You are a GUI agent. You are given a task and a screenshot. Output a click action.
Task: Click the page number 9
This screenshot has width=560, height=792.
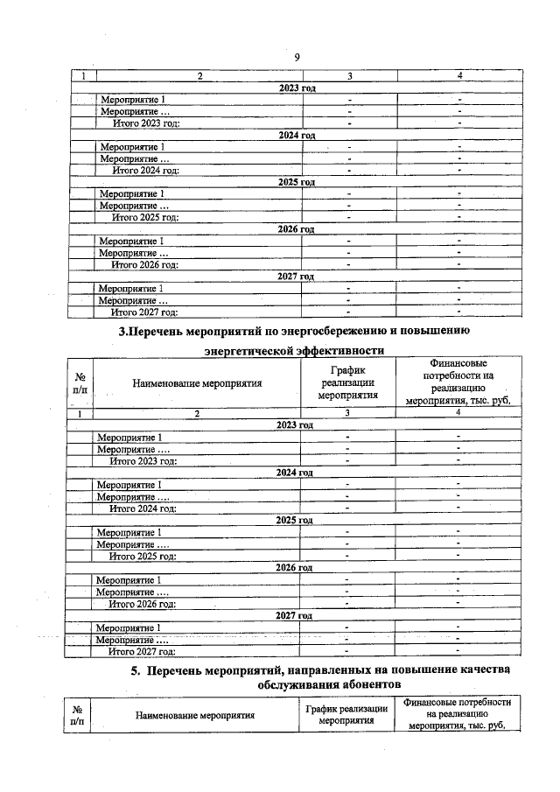click(x=297, y=57)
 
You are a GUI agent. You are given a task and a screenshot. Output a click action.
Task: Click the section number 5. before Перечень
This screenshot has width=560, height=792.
click(x=136, y=669)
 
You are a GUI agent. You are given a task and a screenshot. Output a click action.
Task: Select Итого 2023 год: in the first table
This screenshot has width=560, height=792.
click(x=145, y=123)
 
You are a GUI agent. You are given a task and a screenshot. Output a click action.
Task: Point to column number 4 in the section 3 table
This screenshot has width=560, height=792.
click(x=458, y=412)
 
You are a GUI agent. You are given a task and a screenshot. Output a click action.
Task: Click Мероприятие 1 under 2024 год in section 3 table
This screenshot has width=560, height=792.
click(x=129, y=485)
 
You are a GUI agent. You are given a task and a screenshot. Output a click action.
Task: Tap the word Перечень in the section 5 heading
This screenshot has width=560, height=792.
click(x=183, y=669)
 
